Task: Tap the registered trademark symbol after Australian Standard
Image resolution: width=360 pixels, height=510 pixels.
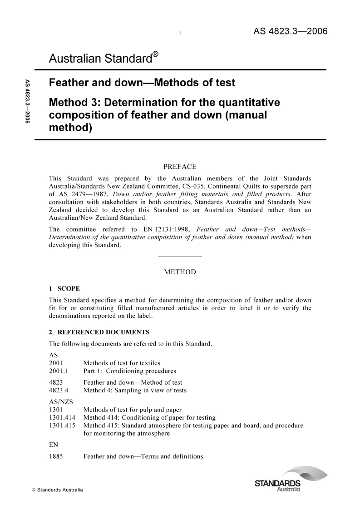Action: pos(155,54)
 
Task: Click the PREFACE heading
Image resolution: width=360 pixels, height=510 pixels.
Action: pos(180,167)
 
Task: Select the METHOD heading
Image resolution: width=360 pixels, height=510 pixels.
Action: pos(180,272)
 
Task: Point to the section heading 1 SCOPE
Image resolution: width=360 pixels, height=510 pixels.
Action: pos(64,288)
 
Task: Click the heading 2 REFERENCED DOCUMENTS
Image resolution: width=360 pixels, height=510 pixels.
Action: pos(99,332)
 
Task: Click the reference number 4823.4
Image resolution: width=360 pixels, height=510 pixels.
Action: pos(59,390)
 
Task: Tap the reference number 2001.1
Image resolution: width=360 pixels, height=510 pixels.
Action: pos(59,371)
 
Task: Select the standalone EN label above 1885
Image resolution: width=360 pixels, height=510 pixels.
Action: pos(54,445)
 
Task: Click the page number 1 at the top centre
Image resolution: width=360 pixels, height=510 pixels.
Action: pos(180,33)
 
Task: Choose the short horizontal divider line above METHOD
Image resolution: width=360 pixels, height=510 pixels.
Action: pos(180,257)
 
